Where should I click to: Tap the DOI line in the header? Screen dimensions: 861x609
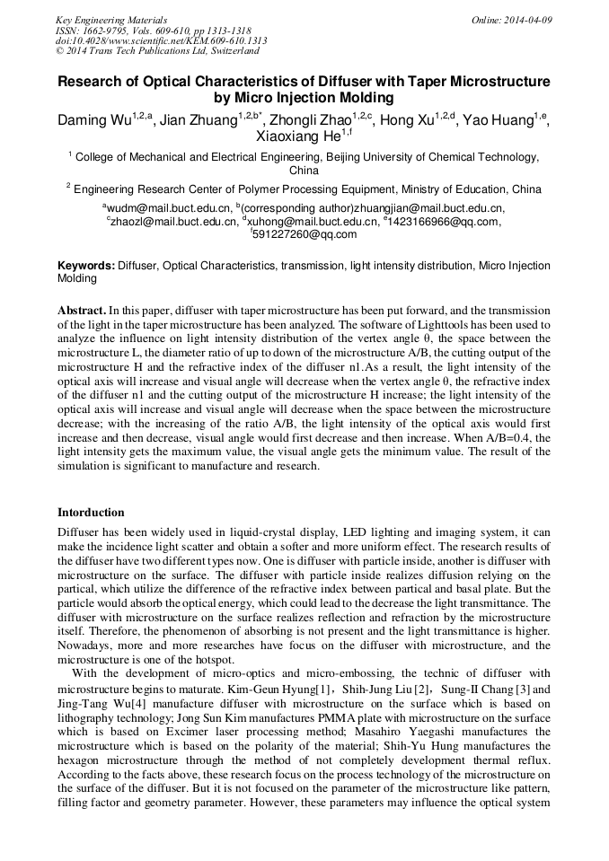coord(161,40)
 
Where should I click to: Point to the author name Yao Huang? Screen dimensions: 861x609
coord(497,120)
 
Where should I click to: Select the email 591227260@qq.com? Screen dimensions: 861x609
coord(304,234)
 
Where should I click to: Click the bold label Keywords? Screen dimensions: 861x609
coord(86,267)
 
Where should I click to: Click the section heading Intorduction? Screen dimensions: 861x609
coord(91,513)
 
